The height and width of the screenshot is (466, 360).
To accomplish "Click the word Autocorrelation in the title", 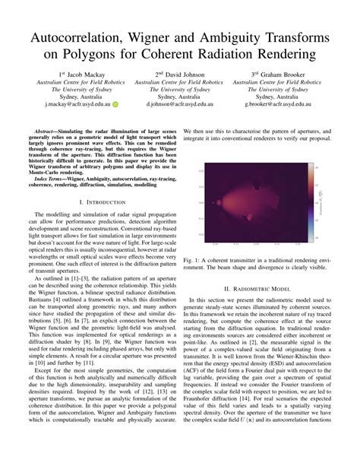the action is click(84, 38).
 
